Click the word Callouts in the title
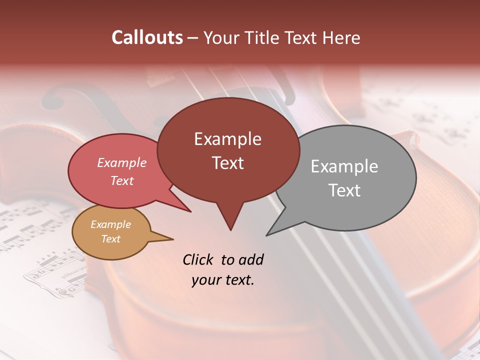tap(147, 37)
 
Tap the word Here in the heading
tap(341, 37)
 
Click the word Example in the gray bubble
tap(344, 166)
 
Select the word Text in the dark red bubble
tap(228, 163)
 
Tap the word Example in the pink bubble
tap(122, 162)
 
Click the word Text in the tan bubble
tap(111, 238)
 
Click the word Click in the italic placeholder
tap(198, 259)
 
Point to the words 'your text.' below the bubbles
tap(223, 280)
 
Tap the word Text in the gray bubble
tap(344, 190)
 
